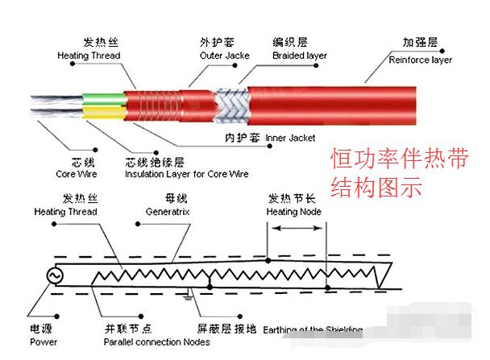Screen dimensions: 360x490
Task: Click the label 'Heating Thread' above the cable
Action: click(x=89, y=56)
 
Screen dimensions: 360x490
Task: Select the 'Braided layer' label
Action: click(x=299, y=56)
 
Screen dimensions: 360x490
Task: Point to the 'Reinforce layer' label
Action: click(x=420, y=60)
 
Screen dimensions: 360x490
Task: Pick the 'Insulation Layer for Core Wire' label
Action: click(x=187, y=173)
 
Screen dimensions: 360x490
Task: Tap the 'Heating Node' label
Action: click(x=294, y=212)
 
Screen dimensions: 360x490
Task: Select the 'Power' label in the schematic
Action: click(x=44, y=342)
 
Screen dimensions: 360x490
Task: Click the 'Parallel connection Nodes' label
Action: click(x=156, y=342)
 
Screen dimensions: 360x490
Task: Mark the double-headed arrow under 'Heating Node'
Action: click(x=298, y=229)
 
